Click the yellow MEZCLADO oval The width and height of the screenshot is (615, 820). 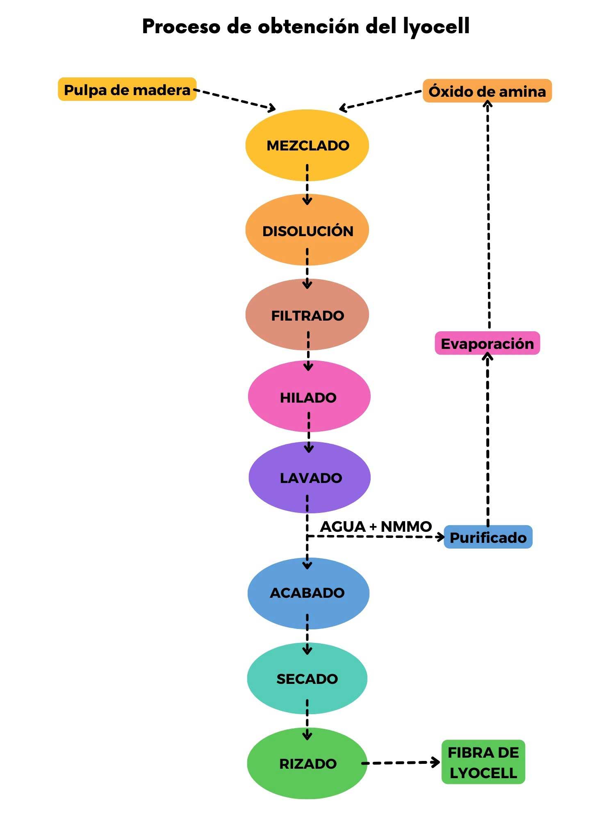click(x=307, y=145)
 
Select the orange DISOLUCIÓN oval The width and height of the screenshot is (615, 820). click(x=307, y=230)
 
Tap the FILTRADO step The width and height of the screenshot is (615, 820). click(x=307, y=315)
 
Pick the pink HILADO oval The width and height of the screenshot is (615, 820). click(x=309, y=397)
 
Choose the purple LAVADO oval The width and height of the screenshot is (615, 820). click(x=310, y=478)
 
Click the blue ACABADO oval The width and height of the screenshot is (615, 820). click(x=308, y=593)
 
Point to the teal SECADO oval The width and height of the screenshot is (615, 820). click(x=307, y=679)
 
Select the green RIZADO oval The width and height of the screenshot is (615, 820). click(x=307, y=763)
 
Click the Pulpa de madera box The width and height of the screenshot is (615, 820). click(x=127, y=89)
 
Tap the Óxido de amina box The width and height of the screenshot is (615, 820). click(x=487, y=91)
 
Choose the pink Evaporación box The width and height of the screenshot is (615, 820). click(x=487, y=344)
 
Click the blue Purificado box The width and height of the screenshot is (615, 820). click(x=488, y=537)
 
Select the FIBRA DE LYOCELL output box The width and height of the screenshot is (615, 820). click(x=483, y=762)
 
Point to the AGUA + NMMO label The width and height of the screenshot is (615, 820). click(x=376, y=526)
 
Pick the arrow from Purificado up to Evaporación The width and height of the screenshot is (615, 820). click(x=487, y=439)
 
